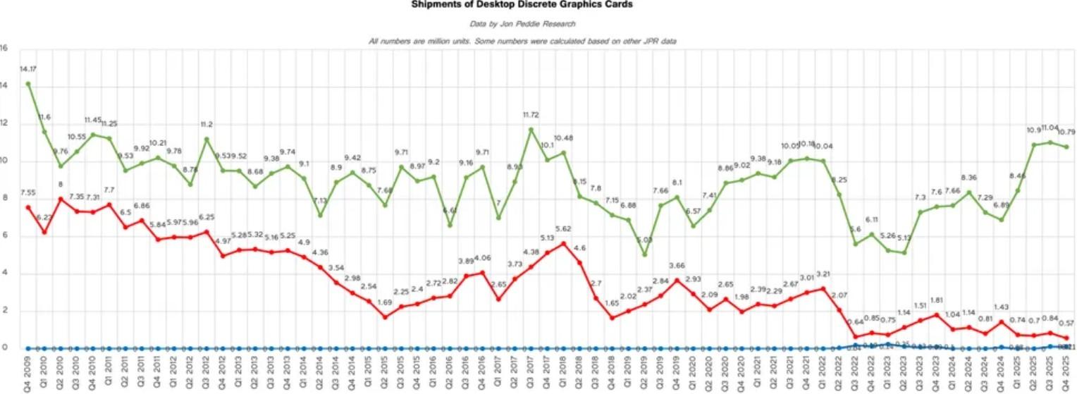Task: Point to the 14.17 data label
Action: click(x=28, y=69)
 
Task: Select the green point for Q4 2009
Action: click(x=28, y=84)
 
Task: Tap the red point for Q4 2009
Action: click(x=28, y=207)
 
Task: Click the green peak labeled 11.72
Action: click(x=531, y=130)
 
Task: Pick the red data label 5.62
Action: click(x=563, y=228)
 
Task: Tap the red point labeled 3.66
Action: click(x=677, y=281)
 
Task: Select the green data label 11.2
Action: click(x=207, y=124)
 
